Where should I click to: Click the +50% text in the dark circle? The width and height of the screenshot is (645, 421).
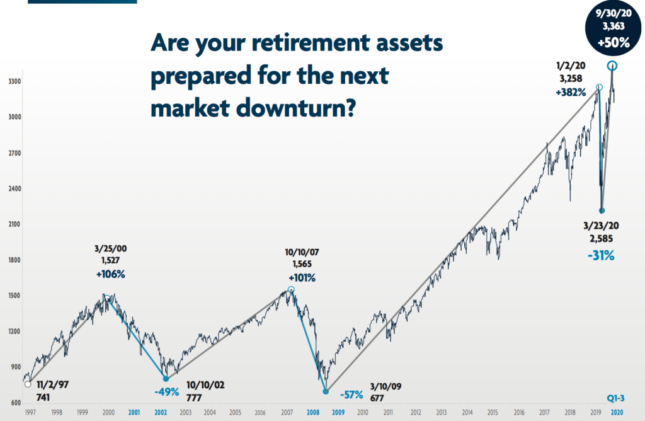(x=614, y=42)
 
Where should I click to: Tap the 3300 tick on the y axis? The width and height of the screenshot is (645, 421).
(x=14, y=81)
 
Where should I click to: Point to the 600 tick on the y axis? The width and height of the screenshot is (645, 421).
(x=16, y=403)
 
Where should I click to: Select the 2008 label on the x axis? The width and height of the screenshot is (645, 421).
(x=313, y=412)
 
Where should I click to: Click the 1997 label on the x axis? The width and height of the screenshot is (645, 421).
(x=30, y=412)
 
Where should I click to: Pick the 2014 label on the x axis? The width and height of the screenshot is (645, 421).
(x=467, y=412)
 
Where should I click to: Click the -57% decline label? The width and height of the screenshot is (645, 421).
(x=351, y=395)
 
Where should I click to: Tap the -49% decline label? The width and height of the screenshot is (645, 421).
(x=166, y=392)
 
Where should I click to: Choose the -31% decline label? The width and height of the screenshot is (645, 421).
(x=601, y=256)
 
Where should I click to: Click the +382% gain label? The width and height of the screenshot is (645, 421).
(x=571, y=93)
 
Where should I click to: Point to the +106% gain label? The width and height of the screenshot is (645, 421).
(x=110, y=274)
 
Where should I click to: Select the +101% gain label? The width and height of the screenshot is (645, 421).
(x=302, y=278)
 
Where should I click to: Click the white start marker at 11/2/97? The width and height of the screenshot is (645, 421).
(x=28, y=384)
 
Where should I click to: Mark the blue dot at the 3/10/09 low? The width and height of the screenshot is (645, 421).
(x=326, y=391)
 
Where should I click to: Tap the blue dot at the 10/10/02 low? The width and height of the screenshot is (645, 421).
(x=166, y=379)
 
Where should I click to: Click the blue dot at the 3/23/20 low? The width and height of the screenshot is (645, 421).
(x=602, y=211)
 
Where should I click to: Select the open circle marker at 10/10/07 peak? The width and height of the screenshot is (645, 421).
(x=291, y=290)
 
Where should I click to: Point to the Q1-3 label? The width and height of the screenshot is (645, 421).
(x=616, y=398)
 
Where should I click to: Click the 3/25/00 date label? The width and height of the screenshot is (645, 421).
(x=111, y=248)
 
